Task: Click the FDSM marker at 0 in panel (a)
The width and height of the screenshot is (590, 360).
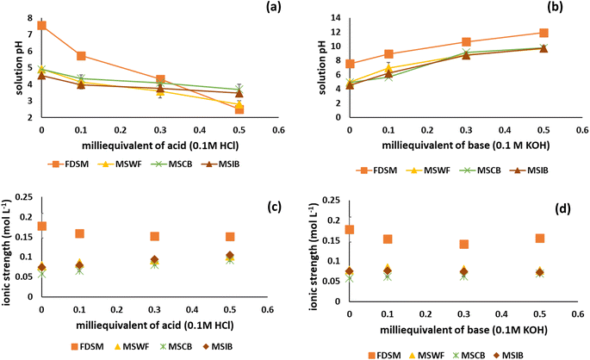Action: click(41, 26)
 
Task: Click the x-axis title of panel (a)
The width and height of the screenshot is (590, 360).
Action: click(142, 143)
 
